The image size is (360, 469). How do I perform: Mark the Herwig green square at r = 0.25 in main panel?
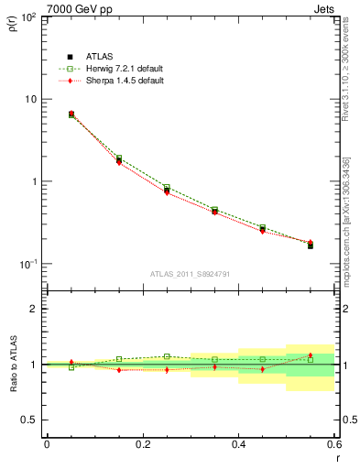tap(167, 188)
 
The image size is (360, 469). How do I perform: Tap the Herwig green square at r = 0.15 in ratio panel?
tap(119, 359)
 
